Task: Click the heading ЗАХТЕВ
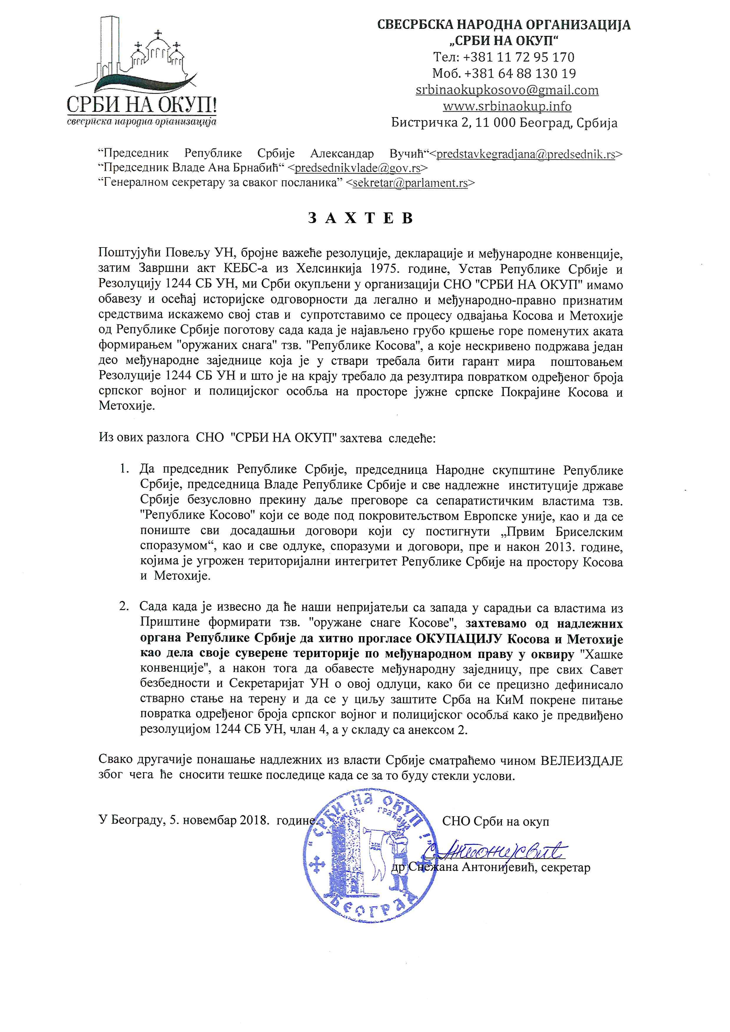tap(361, 218)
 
